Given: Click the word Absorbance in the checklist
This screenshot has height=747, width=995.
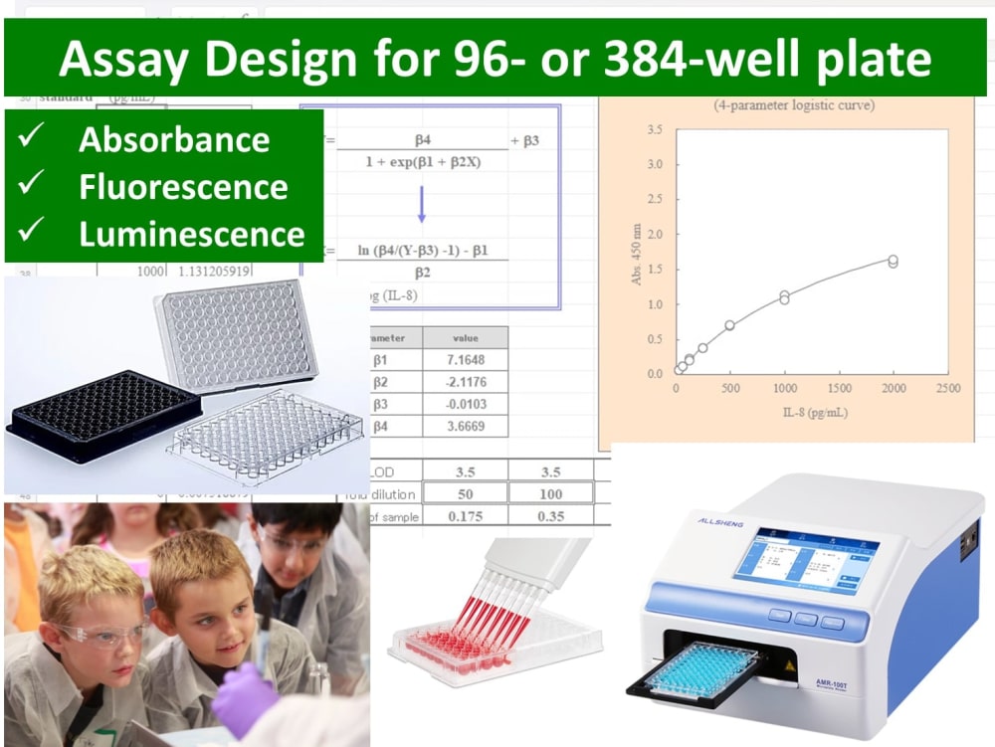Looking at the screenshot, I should (174, 139).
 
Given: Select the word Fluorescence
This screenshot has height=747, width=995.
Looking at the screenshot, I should (184, 186).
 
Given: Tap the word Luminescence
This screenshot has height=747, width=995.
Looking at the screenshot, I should (192, 233).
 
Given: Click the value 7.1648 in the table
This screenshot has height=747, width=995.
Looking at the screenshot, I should (466, 359).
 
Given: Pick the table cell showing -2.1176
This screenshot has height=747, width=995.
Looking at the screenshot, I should (466, 382).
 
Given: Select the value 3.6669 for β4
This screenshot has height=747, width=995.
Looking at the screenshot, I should (466, 426).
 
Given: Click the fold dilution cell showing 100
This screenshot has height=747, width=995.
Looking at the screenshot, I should (550, 493).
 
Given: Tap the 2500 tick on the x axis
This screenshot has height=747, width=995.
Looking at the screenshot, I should (947, 388).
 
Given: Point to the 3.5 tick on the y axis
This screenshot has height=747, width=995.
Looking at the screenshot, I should (654, 130).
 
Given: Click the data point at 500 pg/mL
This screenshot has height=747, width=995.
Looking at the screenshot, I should (729, 325).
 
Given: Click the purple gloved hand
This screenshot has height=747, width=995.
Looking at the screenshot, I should (244, 696).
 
